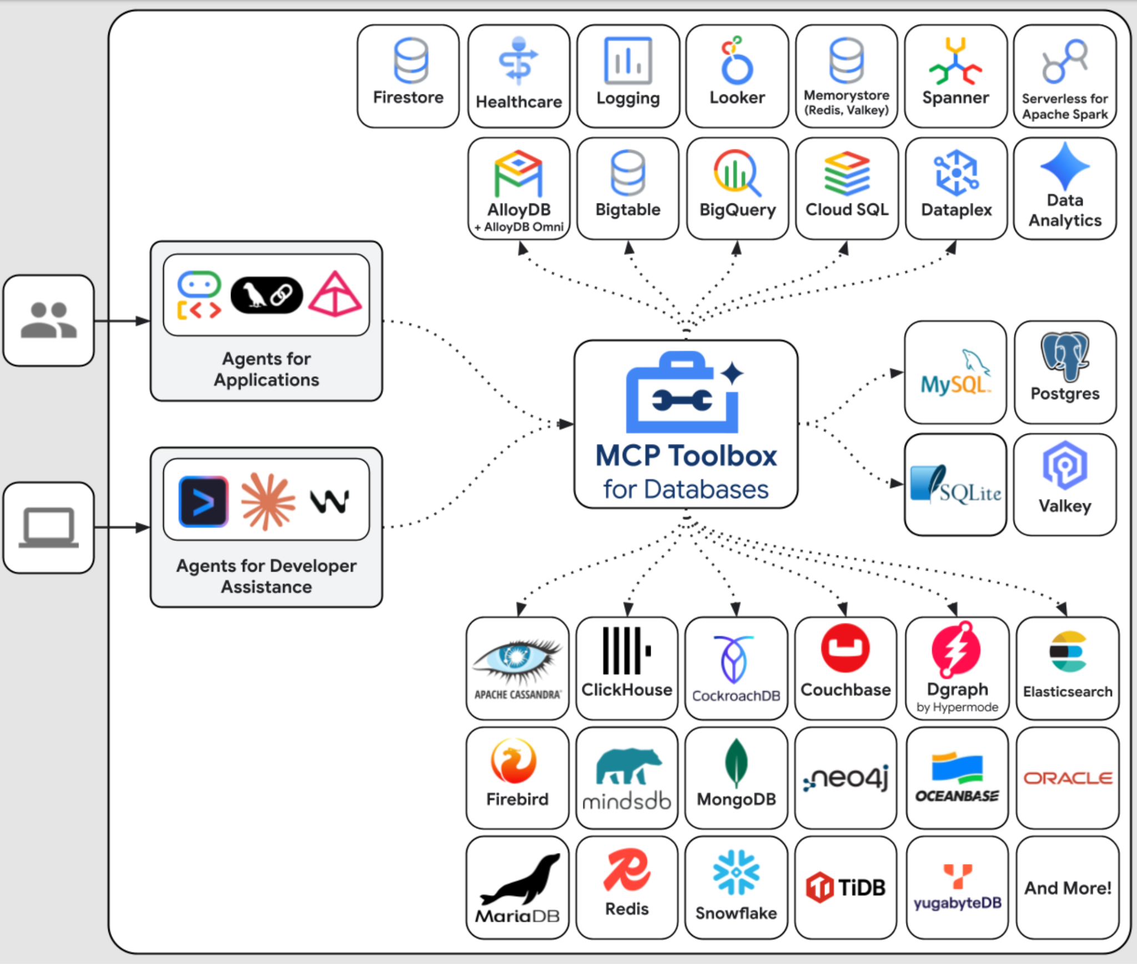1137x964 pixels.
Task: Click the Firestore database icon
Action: click(x=411, y=60)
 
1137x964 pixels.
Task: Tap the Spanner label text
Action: click(x=955, y=98)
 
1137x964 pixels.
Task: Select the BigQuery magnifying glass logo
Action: click(x=737, y=172)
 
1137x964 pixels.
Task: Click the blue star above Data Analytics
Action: click(x=1065, y=166)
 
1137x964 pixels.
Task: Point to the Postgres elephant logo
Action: click(x=1065, y=356)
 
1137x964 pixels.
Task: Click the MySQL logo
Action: click(x=955, y=373)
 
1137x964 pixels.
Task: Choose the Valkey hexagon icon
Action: click(x=1065, y=466)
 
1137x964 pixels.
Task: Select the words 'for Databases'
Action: click(x=686, y=490)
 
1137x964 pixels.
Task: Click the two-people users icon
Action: click(x=49, y=321)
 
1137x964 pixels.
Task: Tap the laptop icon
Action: click(x=49, y=527)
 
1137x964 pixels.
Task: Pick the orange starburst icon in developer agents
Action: click(x=268, y=501)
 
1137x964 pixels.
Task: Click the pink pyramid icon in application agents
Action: click(x=335, y=294)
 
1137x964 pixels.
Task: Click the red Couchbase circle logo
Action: click(x=846, y=648)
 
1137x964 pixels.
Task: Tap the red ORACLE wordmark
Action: click(x=1068, y=778)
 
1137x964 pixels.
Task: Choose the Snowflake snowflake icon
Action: click(x=736, y=872)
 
